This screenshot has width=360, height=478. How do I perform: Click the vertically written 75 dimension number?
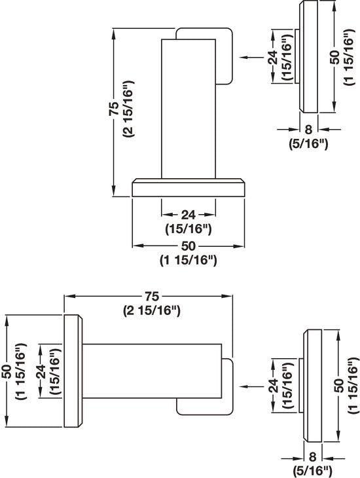coord(114,108)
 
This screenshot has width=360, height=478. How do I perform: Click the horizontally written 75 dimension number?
coord(151,296)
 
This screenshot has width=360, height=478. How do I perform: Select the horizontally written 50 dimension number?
coord(188,246)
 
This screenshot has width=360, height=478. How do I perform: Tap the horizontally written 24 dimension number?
coord(188,215)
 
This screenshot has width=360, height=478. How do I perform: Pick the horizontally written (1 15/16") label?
coord(188,260)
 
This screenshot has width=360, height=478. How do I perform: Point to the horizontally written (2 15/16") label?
coord(151,310)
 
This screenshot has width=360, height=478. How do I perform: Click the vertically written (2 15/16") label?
coord(128,109)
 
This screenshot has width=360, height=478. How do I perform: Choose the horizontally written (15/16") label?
coord(188,229)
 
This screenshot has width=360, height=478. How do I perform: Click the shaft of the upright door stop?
coord(189,109)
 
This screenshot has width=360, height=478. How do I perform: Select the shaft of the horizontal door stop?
coord(152,371)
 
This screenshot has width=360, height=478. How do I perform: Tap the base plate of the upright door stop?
coord(189,187)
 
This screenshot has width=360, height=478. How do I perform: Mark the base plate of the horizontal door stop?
coord(73,371)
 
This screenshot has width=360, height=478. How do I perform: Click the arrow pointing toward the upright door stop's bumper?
coord(251,57)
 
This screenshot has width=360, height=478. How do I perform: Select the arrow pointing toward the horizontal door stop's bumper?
coord(251,386)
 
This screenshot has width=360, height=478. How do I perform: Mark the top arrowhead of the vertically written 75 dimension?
coord(114,34)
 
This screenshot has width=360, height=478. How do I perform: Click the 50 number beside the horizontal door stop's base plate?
coord(8,371)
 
